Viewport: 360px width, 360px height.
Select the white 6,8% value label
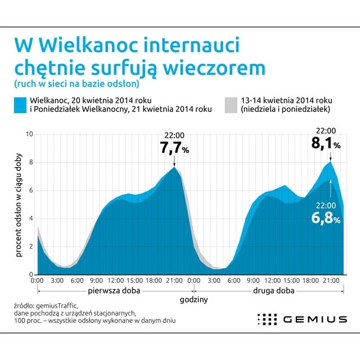pos(326,217)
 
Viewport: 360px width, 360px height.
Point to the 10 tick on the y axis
pos(30,134)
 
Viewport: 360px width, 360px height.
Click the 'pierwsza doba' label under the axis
pos(115,291)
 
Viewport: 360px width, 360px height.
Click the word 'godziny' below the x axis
pos(193,300)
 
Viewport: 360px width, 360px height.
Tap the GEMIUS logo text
pos(315,319)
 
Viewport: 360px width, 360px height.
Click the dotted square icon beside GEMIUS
pos(267,319)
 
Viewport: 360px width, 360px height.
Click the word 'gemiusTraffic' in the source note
pos(57,305)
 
